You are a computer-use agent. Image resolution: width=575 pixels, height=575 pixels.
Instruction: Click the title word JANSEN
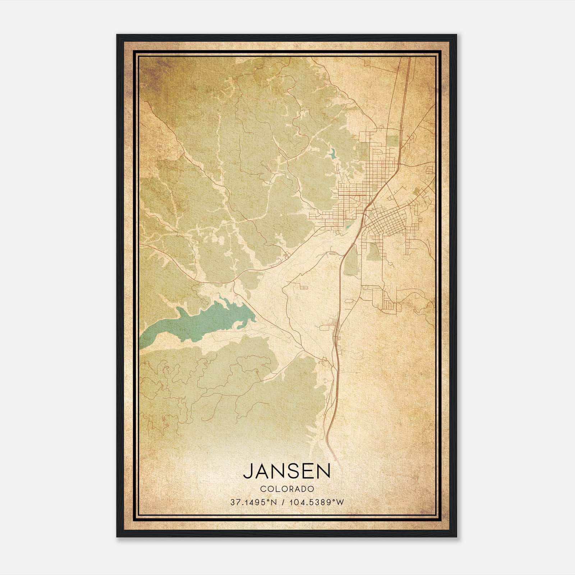(287, 471)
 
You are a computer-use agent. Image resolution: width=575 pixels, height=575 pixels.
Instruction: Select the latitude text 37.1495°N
(254, 502)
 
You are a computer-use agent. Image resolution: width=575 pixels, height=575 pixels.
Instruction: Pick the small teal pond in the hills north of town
(331, 154)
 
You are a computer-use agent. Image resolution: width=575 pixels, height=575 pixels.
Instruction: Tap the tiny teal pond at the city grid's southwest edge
(348, 227)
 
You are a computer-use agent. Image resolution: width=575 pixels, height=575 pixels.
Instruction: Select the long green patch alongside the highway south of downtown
(351, 262)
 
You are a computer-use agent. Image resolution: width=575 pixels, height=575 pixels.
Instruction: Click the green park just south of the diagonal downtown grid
(374, 252)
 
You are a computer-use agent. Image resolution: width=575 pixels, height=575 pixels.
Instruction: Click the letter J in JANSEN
(248, 471)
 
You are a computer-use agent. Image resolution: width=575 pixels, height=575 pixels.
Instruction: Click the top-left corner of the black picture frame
(118, 35)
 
